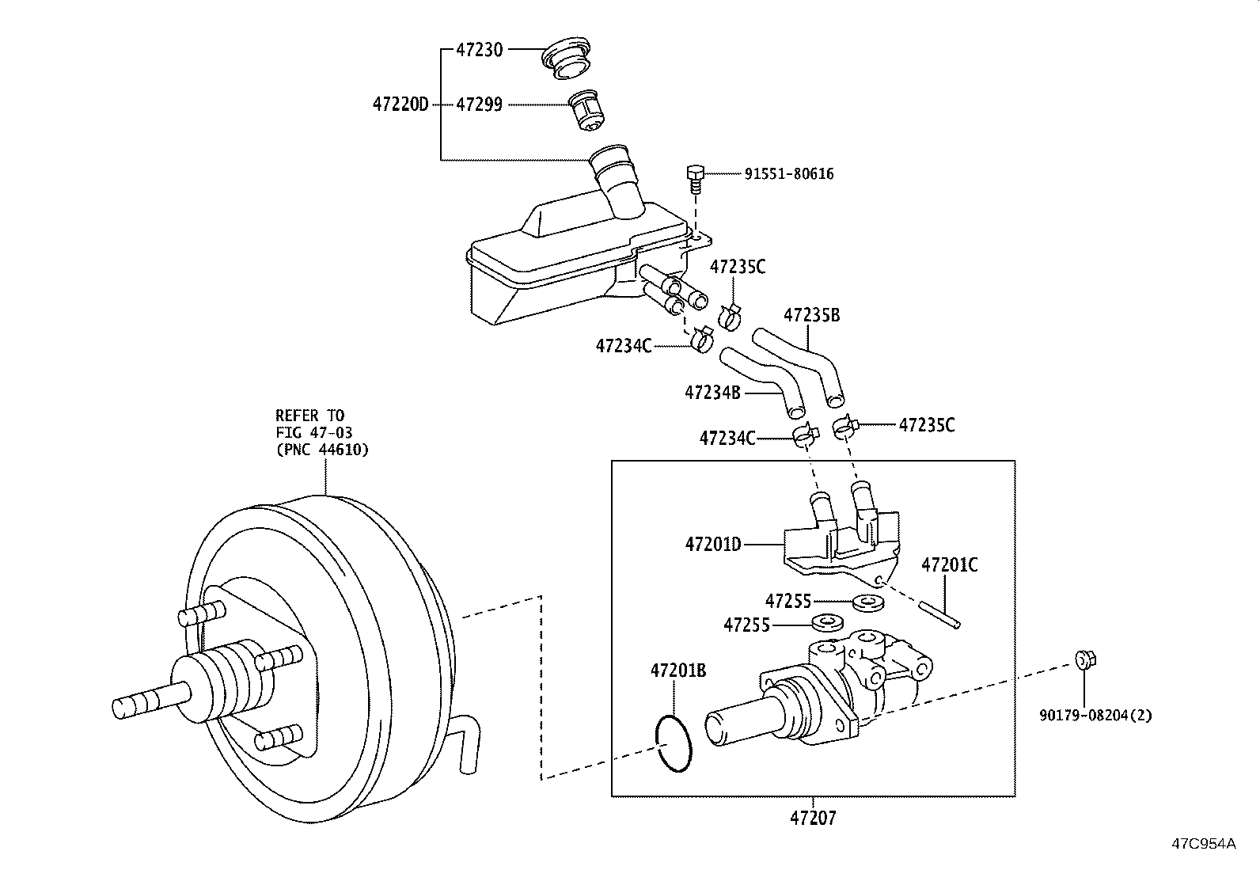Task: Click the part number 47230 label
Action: tap(479, 49)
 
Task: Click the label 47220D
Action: tap(400, 104)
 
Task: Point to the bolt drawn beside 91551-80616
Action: tap(695, 177)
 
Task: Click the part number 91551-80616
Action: tap(788, 174)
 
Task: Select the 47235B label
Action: tap(811, 315)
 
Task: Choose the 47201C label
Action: tap(949, 565)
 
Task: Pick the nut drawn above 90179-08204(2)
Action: tap(1084, 659)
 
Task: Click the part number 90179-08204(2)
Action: tap(1095, 716)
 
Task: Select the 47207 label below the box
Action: tap(813, 817)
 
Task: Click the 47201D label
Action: tap(713, 544)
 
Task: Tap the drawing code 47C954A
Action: tap(1203, 843)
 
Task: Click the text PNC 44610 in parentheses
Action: tap(322, 449)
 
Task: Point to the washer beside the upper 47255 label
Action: tap(868, 602)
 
